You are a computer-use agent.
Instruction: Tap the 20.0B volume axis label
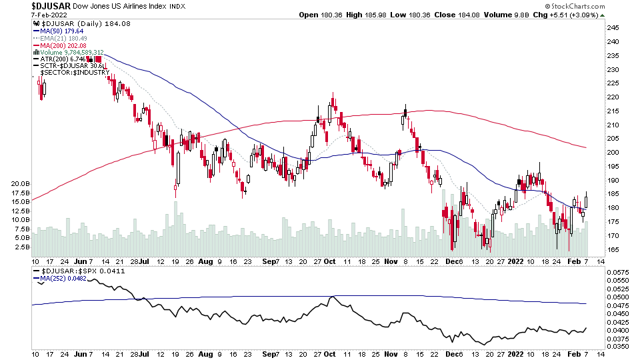click(21, 183)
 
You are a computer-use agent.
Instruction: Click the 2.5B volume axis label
click(23, 247)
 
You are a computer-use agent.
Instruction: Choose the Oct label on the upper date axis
click(329, 261)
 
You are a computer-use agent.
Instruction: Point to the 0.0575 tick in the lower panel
click(620, 272)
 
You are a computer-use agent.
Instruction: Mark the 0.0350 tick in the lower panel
click(620, 347)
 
